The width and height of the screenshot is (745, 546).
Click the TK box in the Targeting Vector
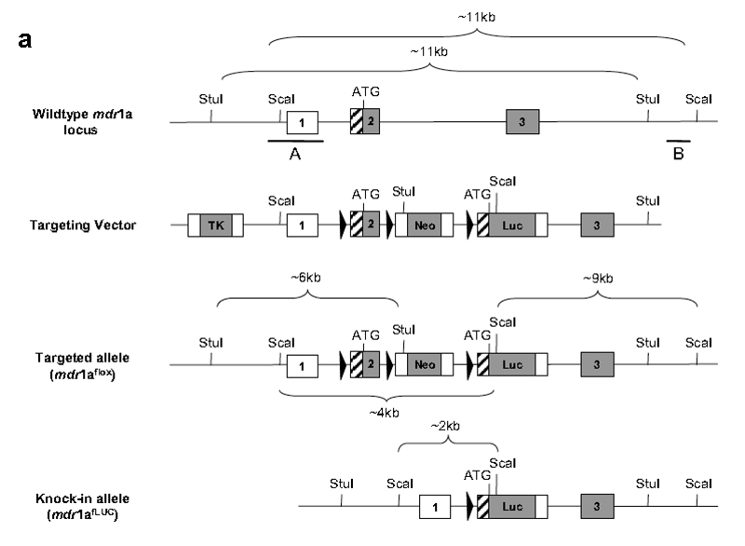[215, 225]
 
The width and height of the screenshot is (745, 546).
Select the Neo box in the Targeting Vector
[423, 225]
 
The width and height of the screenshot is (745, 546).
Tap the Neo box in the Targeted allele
[423, 364]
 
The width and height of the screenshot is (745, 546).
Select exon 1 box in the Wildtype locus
[302, 121]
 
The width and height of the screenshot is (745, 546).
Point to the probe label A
[294, 155]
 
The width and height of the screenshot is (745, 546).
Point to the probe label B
[678, 155]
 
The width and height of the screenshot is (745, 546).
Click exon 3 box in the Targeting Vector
[597, 225]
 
